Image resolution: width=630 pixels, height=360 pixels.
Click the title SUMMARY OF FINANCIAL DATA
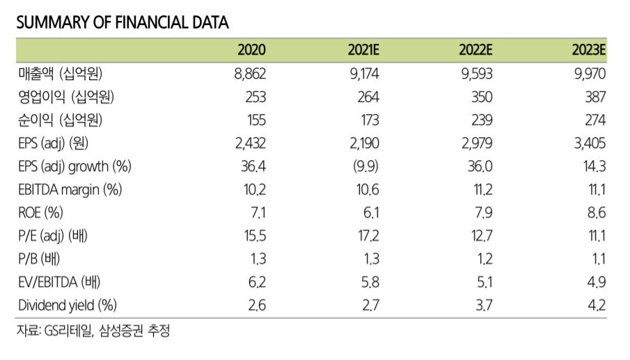122,22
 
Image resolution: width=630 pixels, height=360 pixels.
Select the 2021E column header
363,50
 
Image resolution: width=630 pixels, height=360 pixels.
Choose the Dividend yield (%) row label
67,304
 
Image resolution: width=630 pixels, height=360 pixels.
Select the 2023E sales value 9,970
590,74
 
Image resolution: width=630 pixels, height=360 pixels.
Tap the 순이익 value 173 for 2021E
368,120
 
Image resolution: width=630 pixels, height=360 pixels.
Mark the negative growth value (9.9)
366,166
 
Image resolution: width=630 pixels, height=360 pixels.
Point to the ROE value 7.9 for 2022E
483,212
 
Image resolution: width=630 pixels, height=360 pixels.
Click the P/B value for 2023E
597,259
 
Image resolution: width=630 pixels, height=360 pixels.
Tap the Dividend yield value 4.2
596,304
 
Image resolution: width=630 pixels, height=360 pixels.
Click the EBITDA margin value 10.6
366,189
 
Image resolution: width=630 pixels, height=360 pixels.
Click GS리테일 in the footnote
66,331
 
